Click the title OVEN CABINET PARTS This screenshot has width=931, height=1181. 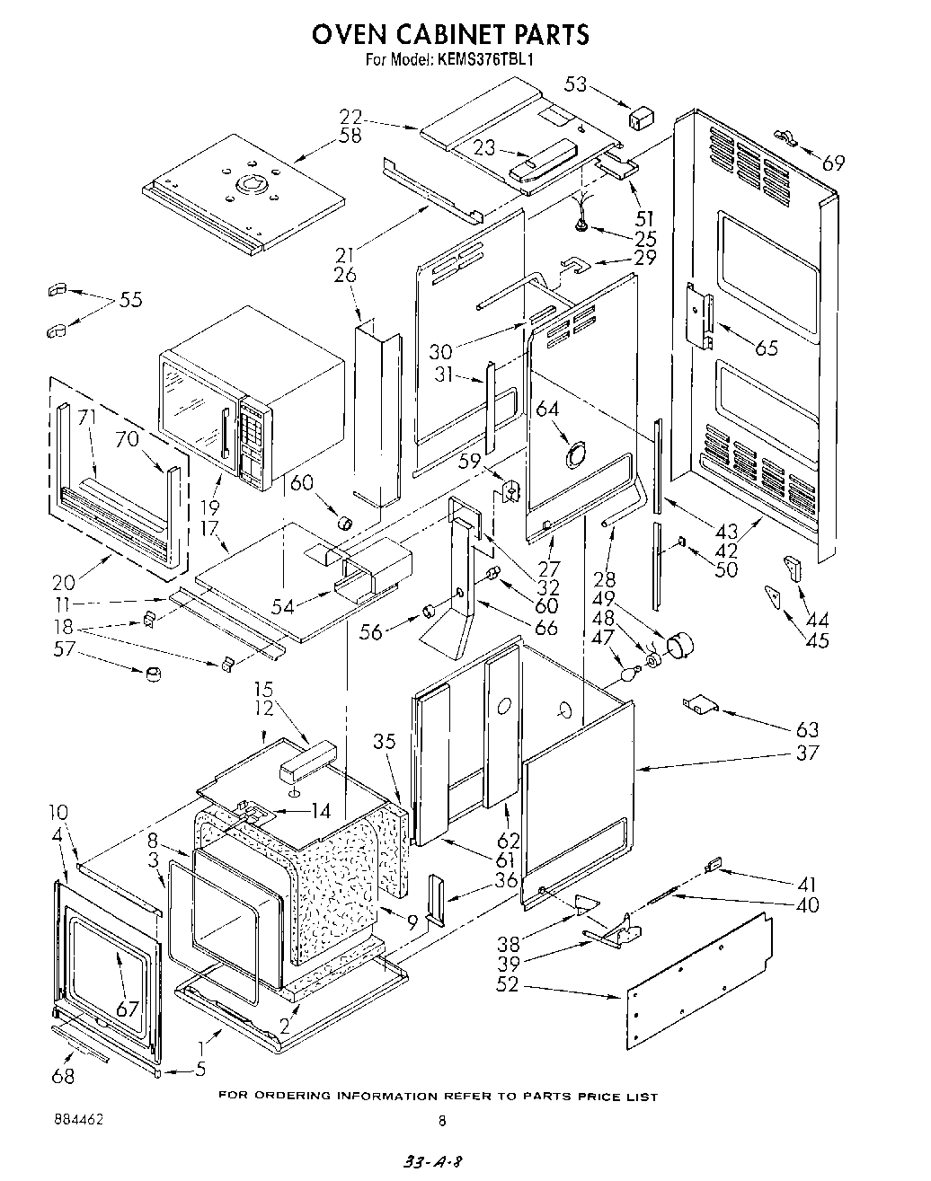pos(450,34)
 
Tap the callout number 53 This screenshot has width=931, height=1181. pos(576,84)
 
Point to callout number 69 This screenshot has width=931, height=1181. pos(834,163)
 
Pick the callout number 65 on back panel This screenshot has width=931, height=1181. pos(766,348)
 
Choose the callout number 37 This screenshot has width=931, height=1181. pos(807,752)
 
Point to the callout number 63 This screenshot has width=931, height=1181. pos(807,728)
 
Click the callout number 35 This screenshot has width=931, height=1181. pos(384,741)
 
